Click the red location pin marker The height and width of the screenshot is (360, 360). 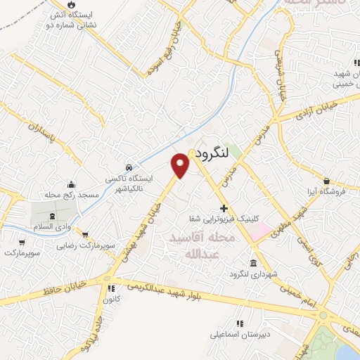(x=181, y=165)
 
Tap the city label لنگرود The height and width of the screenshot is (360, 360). (x=212, y=153)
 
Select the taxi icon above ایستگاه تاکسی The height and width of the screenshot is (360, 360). (x=129, y=168)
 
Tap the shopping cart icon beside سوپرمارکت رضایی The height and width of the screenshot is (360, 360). (x=85, y=235)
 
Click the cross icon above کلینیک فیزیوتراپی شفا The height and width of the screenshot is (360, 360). (x=224, y=208)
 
